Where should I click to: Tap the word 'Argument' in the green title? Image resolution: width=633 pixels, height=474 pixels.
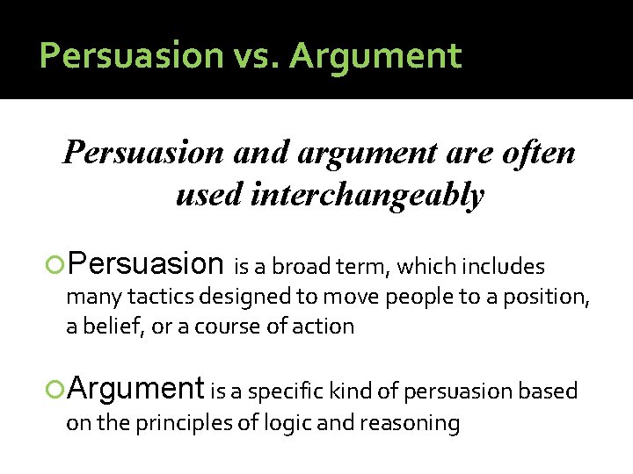375,55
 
